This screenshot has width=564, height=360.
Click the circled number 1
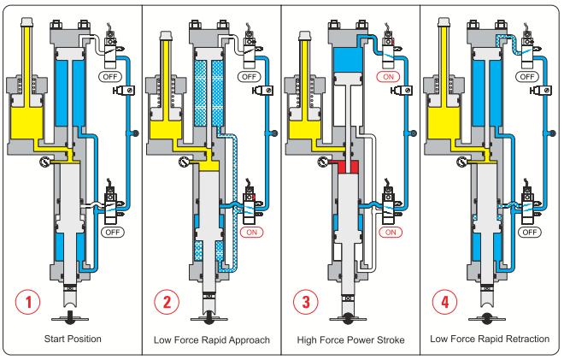pyautogui.click(x=29, y=302)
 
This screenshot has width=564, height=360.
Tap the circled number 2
pyautogui.click(x=167, y=302)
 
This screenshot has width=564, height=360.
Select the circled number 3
pyautogui.click(x=305, y=302)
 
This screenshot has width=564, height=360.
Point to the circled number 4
pyautogui.click(x=444, y=302)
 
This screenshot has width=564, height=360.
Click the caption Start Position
pyautogui.click(x=73, y=339)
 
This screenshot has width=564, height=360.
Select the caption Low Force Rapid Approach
pyautogui.click(x=212, y=339)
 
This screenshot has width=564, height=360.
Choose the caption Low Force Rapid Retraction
pyautogui.click(x=490, y=339)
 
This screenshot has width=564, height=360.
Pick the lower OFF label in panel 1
pyautogui.click(x=112, y=232)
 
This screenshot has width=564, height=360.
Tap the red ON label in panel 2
pyautogui.click(x=250, y=232)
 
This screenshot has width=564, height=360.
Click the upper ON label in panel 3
pyautogui.click(x=389, y=76)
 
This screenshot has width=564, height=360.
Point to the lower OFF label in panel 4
pyautogui.click(x=529, y=232)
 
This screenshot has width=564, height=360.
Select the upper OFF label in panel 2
pyautogui.click(x=250, y=76)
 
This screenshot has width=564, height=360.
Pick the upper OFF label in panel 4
pyautogui.click(x=529, y=76)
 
